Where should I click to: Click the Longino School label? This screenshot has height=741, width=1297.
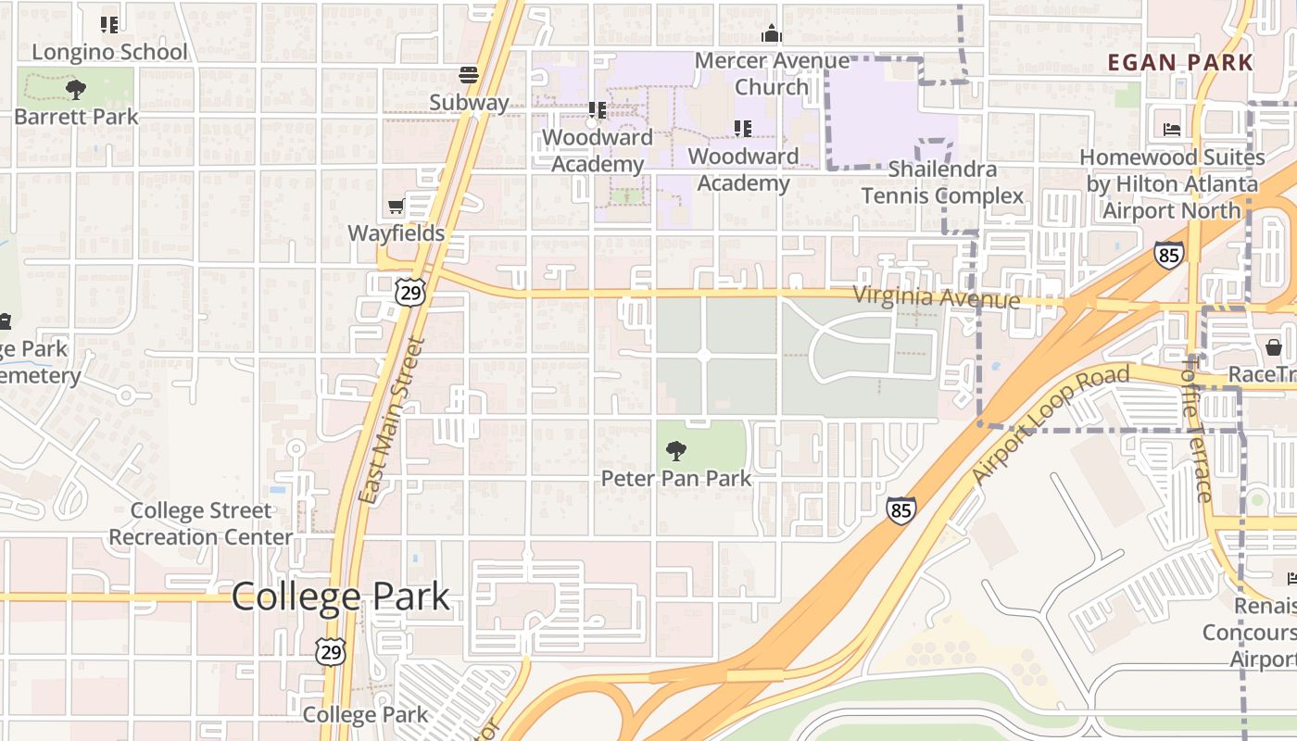point(109,52)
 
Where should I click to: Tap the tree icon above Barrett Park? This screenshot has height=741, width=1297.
point(75,90)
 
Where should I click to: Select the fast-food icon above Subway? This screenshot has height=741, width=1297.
point(469,75)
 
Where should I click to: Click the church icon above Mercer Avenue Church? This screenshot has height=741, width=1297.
point(771,35)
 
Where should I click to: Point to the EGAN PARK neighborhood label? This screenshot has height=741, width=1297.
point(1180,63)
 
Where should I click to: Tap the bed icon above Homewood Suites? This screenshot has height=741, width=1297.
point(1171,130)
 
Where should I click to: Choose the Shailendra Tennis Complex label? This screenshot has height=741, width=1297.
point(942,182)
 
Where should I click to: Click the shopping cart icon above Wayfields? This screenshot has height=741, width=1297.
point(397,206)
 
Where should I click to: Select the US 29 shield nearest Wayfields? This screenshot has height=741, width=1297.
point(409,292)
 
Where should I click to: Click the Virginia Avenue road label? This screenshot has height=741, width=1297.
point(936,297)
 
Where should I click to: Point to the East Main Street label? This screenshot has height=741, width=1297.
point(390,421)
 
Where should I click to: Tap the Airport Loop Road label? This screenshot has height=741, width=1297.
point(1051,423)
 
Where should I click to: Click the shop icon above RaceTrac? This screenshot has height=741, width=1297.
point(1274,347)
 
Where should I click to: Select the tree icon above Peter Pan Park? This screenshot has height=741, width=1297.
point(676,451)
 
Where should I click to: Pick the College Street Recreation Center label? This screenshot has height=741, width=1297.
point(201,523)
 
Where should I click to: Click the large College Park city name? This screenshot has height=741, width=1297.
point(340,597)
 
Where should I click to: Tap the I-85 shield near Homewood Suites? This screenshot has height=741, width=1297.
point(1168,254)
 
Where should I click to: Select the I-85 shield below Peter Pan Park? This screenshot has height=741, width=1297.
point(900,509)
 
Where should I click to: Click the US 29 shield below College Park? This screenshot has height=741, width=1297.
point(330,650)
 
